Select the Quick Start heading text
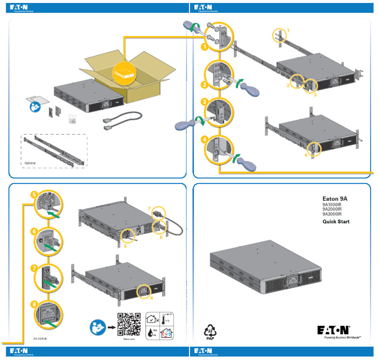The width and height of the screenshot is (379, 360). point(336,222)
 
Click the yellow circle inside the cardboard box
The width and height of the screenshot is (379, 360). point(123,71)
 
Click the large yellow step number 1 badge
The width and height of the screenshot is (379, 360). point(203,47)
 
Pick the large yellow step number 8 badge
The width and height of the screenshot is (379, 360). point(34,304)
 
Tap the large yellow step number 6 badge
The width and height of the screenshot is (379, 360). point(34,231)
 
